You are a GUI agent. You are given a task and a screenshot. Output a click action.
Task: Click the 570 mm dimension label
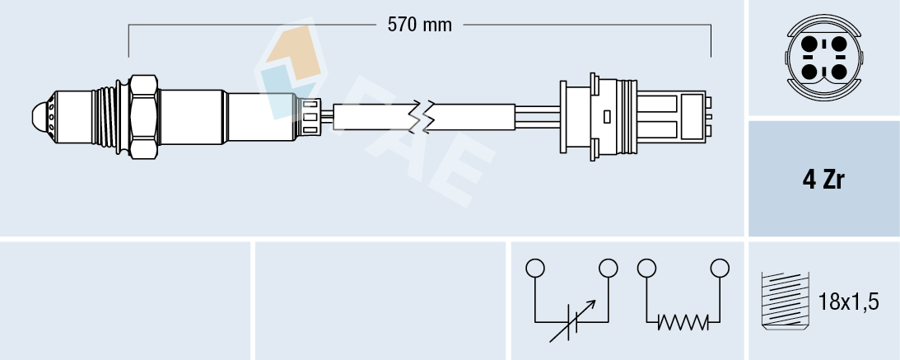point(420,25)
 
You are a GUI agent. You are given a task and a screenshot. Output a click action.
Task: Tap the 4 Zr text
point(823,180)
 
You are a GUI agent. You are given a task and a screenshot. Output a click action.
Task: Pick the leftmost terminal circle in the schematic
point(535,268)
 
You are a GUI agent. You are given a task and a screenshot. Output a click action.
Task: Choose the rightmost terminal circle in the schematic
point(720,268)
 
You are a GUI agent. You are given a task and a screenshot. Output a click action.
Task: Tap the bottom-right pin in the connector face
point(837,72)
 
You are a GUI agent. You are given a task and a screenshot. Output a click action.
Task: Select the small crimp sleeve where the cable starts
point(310,115)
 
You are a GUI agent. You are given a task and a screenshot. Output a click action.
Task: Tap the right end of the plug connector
point(707,115)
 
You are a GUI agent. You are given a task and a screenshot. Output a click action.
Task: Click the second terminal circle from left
point(609,268)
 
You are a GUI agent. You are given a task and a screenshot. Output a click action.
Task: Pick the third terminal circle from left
point(646,268)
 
